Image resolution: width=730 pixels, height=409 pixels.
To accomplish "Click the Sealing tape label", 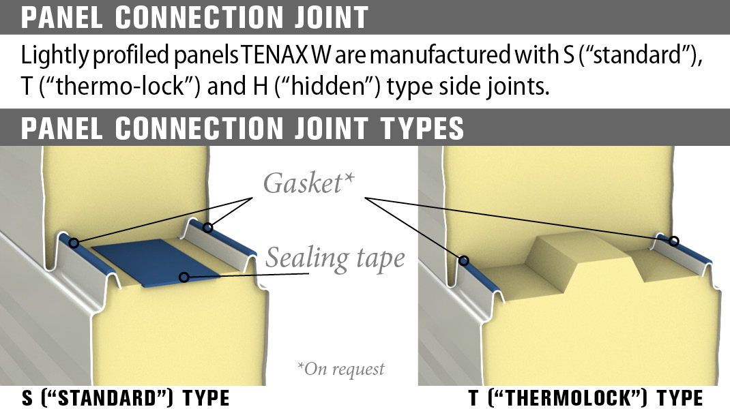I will tap(335, 258).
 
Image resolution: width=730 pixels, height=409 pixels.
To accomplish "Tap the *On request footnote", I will tap(340, 369).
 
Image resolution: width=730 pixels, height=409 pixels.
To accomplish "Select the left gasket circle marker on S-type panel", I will tap(74, 243).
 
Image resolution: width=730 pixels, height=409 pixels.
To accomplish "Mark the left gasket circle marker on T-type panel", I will tap(464, 260).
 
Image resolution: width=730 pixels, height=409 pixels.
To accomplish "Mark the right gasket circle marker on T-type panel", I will tap(674, 241).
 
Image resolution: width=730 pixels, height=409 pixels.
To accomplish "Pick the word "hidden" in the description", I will tap(310, 88).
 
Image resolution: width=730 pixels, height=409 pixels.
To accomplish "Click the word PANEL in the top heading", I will tap(64, 17).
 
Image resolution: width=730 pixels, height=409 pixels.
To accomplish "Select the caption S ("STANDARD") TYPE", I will tap(126, 398).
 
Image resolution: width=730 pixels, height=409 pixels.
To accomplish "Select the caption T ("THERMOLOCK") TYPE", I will tap(585, 398).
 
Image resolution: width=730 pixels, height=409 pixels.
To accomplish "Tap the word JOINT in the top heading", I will tap(325, 17).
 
